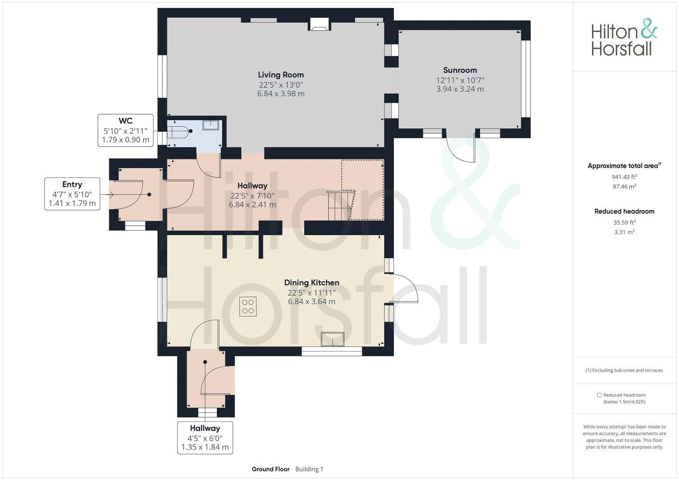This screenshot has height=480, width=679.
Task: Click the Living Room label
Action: (x=281, y=75)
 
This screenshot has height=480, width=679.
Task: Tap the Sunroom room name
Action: (x=460, y=70)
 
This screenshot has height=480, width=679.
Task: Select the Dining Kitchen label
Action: (x=311, y=283)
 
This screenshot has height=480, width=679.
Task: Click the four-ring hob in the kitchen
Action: (x=248, y=306)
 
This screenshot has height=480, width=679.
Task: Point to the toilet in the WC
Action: (x=179, y=132)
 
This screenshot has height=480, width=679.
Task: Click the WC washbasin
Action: (x=211, y=125)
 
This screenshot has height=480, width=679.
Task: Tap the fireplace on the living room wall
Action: (x=319, y=25)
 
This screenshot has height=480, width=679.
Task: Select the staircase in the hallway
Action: (x=341, y=205)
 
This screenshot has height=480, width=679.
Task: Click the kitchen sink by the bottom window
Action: (x=333, y=339)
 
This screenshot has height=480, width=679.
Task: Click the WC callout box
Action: (x=125, y=130)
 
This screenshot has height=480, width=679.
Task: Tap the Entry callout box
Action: (x=72, y=194)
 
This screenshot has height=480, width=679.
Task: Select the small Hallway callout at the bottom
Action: (x=205, y=437)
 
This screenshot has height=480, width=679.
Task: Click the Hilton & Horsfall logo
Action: (x=623, y=38)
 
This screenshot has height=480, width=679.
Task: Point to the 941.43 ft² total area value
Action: (x=624, y=177)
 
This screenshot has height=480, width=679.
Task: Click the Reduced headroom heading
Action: (x=624, y=212)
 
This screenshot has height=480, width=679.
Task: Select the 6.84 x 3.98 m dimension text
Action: (x=281, y=94)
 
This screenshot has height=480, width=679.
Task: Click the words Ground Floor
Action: (x=270, y=469)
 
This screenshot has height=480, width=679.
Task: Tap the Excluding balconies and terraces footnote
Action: (x=624, y=370)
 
